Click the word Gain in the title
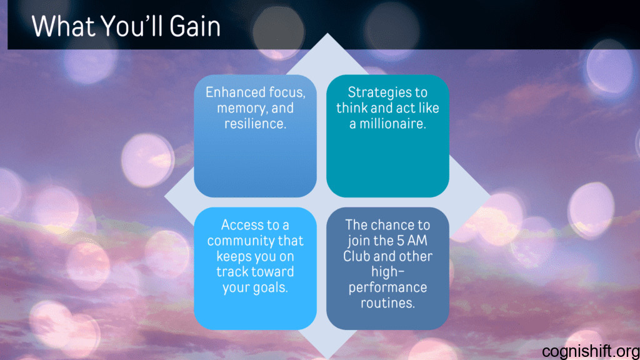click(195, 26)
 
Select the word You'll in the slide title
click(132, 26)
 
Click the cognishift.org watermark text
click(591, 351)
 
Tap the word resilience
click(255, 124)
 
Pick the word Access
click(242, 225)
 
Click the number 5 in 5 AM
click(401, 241)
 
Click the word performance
click(387, 287)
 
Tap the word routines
click(387, 303)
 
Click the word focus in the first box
click(287, 92)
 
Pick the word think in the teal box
click(352, 108)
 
